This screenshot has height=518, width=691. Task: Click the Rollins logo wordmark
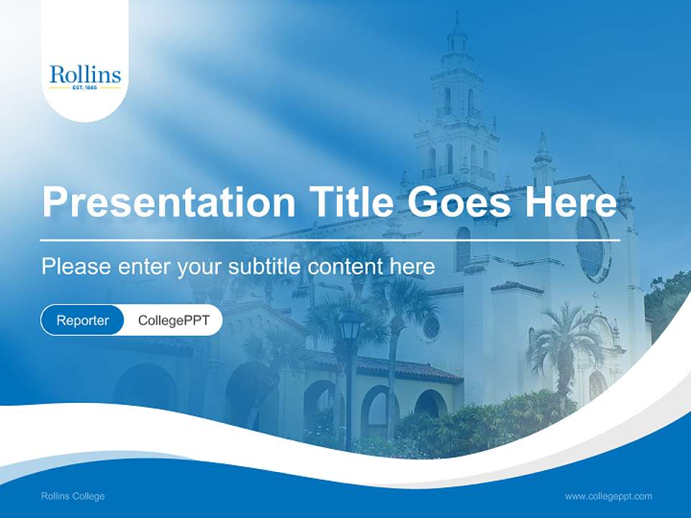click(x=85, y=74)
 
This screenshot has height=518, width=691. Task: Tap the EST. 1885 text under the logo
click(x=85, y=88)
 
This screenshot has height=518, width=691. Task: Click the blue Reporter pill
click(x=83, y=320)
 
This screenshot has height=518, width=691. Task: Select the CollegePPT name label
click(x=173, y=320)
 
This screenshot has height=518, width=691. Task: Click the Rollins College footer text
click(x=73, y=496)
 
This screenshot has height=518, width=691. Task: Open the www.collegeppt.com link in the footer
click(x=608, y=496)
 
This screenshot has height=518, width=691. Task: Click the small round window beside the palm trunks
click(x=431, y=327)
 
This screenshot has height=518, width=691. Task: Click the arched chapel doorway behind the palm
click(x=597, y=386)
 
